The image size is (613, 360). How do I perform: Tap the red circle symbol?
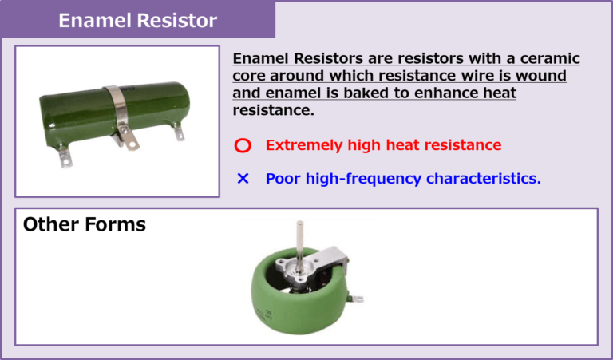point(243,146)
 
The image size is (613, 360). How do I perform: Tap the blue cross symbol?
point(243,179)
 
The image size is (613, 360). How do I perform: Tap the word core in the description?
point(251,76)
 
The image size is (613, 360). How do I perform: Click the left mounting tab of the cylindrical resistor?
point(63,156)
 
